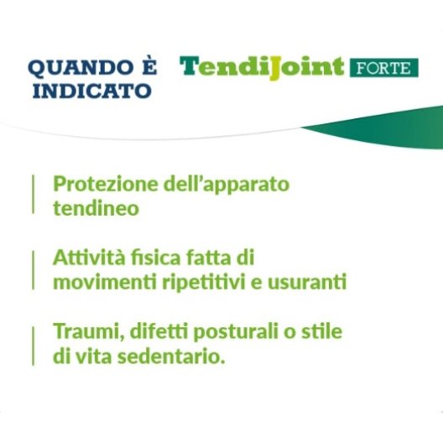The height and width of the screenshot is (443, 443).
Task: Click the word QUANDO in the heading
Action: click(78, 68)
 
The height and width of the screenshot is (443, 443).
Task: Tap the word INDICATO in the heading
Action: click(92, 91)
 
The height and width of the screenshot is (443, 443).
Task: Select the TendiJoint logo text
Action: click(262, 68)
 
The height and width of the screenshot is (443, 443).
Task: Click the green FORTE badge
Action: click(384, 68)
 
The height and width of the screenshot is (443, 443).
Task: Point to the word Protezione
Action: click(106, 184)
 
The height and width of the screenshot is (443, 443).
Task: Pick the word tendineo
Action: click(96, 208)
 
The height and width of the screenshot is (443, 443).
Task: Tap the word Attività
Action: click(89, 258)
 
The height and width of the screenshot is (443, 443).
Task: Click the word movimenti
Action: click(105, 282)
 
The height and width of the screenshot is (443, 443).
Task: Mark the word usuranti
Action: click(307, 283)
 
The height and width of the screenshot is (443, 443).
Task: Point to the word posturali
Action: click(236, 332)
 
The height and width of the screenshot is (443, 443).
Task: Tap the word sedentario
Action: click(171, 357)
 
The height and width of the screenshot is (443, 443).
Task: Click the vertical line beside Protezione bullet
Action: click(33, 194)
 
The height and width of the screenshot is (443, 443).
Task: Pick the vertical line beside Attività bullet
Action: click(33, 270)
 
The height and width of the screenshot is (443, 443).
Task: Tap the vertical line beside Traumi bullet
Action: click(33, 346)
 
